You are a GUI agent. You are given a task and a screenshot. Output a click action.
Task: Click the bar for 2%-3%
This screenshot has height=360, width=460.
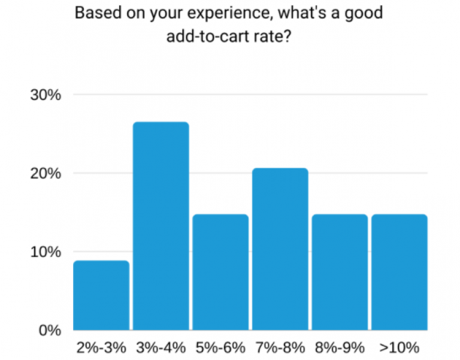pos(101,295)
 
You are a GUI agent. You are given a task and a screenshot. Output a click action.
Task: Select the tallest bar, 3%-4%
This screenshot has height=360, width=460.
pos(161,226)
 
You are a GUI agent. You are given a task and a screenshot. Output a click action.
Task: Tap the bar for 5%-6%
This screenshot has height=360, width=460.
pos(220,272)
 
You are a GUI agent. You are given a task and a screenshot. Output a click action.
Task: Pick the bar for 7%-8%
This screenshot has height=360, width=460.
pos(280,249)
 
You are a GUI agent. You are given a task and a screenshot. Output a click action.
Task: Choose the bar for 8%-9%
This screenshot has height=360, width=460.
pos(340,272)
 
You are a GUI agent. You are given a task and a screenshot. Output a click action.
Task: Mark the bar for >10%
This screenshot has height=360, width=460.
pos(399,272)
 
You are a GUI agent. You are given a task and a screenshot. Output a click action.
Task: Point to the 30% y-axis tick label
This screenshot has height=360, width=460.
pos(46,95)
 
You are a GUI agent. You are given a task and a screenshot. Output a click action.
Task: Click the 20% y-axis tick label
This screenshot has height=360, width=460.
pos(46,174)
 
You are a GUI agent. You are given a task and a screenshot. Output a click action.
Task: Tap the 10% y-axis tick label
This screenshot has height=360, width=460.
pos(46,252)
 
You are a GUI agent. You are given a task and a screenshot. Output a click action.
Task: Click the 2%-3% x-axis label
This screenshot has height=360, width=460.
pos(101,348)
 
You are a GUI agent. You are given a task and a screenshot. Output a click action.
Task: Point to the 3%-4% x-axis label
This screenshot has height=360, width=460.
pos(161,348)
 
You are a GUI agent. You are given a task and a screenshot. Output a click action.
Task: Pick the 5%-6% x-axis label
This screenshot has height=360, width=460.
pos(220,348)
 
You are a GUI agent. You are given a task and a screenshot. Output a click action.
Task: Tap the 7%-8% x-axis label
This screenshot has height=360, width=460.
pos(280,348)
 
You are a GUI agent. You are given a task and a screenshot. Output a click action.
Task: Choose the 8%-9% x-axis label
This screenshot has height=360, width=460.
pos(340,348)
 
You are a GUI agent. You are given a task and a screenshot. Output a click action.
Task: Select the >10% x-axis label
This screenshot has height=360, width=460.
pos(399,348)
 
